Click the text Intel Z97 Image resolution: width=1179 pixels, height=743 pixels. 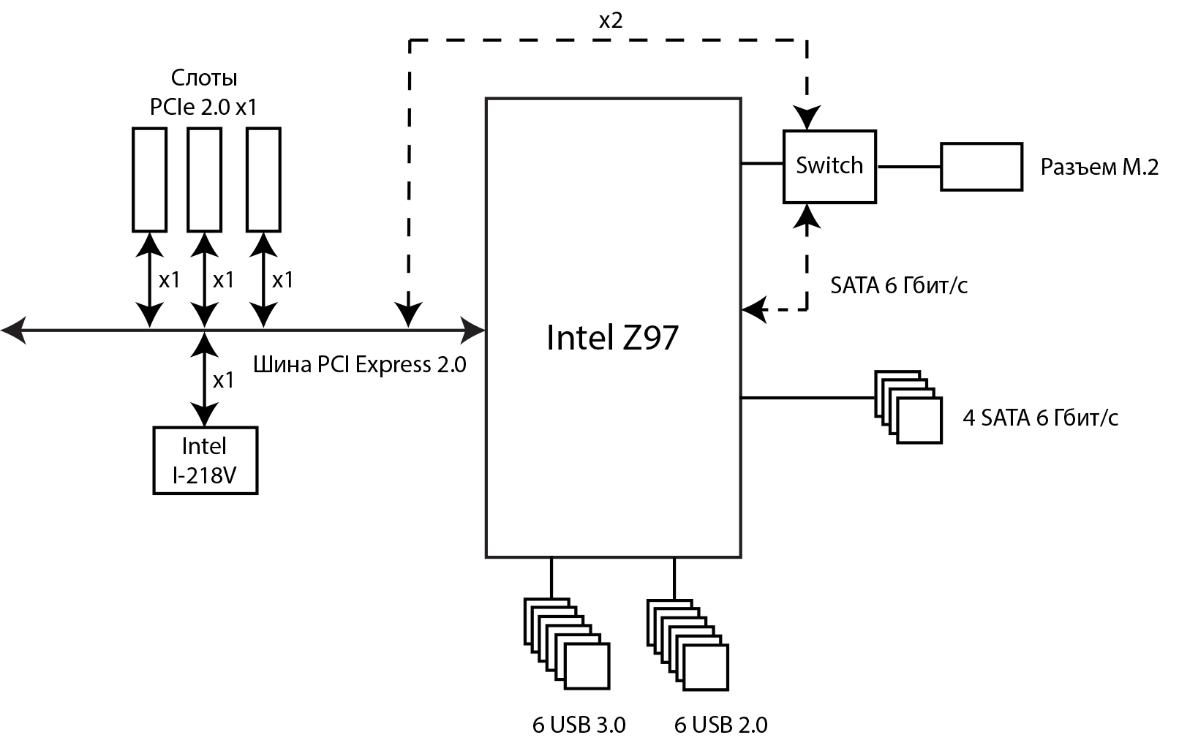tap(612, 337)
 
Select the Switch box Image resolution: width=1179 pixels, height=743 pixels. tap(829, 166)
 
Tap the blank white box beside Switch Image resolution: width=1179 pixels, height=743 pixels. tap(981, 167)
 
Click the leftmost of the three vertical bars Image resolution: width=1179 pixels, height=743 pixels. tap(149, 180)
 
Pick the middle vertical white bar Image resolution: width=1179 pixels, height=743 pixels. tap(204, 180)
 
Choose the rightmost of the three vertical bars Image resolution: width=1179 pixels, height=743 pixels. tap(263, 180)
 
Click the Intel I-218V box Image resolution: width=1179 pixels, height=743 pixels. tap(205, 460)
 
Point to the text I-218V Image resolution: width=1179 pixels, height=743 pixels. tap(205, 475)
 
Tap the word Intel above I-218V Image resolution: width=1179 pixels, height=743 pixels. tap(204, 446)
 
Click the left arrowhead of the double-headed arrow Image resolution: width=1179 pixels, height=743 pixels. tap(13, 331)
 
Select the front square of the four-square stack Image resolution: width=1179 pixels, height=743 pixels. tap(919, 420)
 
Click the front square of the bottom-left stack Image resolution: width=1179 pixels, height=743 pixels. tap(587, 666)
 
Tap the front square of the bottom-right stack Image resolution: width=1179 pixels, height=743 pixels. tap(706, 667)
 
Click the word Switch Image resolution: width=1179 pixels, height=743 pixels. tap(829, 165)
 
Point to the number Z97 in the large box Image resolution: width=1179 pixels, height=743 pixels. tap(650, 337)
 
